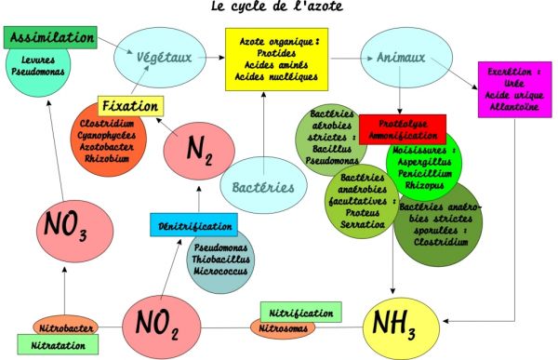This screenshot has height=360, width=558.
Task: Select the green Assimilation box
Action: point(51,38)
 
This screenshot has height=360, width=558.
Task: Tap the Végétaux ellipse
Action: point(164,58)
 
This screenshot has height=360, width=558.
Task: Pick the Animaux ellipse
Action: point(401,58)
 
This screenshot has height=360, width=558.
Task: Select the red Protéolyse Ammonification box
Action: point(402,128)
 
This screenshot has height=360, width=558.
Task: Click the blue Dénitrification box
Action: point(193,224)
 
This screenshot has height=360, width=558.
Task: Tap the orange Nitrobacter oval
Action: point(65,327)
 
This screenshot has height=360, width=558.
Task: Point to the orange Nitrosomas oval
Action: point(283,327)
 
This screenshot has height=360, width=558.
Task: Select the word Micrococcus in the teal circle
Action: point(221,274)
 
